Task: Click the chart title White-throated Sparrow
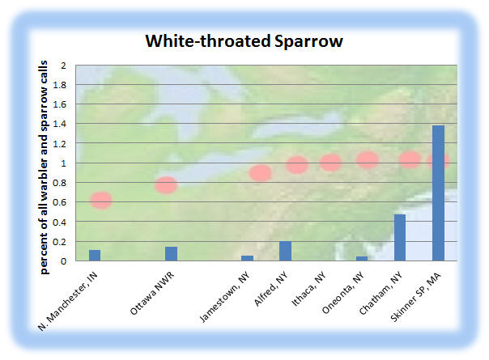[244, 40]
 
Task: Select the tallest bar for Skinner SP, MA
[439, 193]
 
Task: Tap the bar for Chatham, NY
[400, 238]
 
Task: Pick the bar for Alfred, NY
[285, 251]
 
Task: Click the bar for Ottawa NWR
[171, 254]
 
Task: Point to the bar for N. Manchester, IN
[95, 256]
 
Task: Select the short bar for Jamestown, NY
[247, 258]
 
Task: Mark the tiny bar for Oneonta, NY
[362, 259]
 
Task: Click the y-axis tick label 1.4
[60, 124]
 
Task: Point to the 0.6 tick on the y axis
[60, 202]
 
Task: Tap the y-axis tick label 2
[64, 66]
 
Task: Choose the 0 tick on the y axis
[64, 261]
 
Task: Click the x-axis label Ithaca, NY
[308, 289]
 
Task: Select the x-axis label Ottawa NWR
[152, 294]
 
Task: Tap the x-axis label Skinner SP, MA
[415, 297]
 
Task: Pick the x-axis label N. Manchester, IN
[68, 301]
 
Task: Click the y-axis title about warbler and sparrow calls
[44, 167]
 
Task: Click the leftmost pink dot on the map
[101, 200]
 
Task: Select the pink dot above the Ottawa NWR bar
[166, 185]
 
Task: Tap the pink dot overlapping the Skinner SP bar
[438, 161]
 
